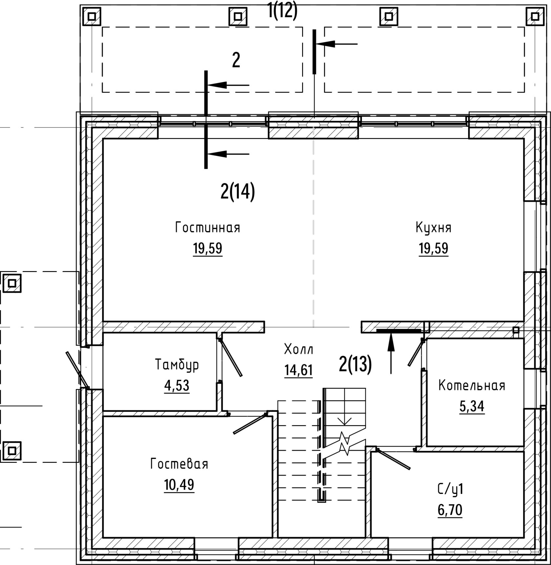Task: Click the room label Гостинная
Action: (x=208, y=227)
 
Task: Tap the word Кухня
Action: (x=433, y=228)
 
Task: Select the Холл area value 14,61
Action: (x=299, y=371)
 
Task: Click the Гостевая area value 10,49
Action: (x=179, y=484)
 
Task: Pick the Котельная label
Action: (x=472, y=385)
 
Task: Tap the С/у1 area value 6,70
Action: (x=450, y=510)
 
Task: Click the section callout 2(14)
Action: (x=237, y=192)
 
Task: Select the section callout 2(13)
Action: (x=355, y=364)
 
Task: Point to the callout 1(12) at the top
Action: (x=282, y=11)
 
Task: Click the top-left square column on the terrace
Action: (x=92, y=16)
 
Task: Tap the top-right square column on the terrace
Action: (x=535, y=16)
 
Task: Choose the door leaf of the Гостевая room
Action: (x=250, y=423)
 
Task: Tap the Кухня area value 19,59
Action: (x=433, y=248)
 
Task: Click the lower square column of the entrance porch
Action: (x=12, y=450)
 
